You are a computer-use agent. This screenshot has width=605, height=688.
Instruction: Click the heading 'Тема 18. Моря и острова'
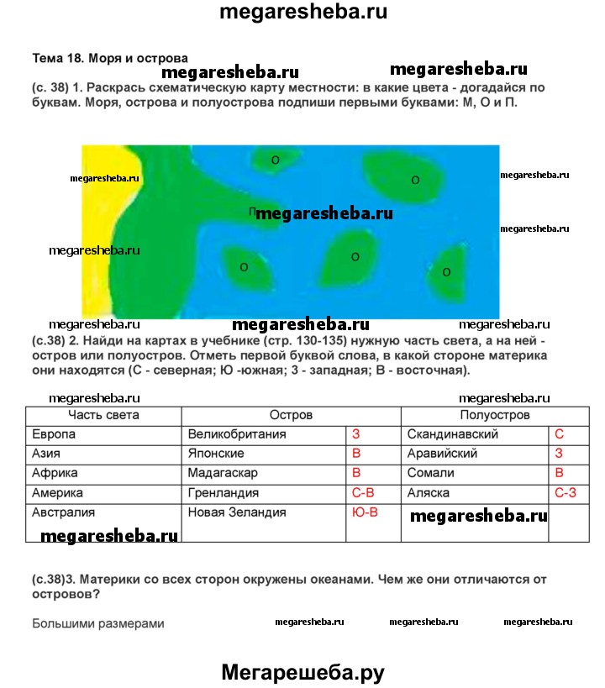point(109,59)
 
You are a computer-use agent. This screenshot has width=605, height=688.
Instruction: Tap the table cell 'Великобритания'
point(237,434)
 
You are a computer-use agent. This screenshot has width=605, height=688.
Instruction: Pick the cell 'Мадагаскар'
point(223,473)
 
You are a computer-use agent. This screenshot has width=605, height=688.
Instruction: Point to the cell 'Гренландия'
point(223,493)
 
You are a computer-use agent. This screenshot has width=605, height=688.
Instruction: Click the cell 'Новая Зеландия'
point(237,512)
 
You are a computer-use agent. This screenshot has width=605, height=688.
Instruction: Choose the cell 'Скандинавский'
point(453,434)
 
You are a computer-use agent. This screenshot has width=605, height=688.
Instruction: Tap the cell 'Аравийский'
point(442,454)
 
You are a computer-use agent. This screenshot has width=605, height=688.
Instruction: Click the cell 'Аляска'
point(429,493)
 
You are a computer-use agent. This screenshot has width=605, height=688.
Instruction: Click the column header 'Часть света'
point(104,415)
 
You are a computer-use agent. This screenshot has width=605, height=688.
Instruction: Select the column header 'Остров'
point(291,415)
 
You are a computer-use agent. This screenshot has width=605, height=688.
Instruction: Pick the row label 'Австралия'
point(63,512)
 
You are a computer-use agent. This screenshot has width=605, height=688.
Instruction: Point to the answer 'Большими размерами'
point(98,623)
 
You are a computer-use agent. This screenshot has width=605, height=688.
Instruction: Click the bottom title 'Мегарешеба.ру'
point(302,672)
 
